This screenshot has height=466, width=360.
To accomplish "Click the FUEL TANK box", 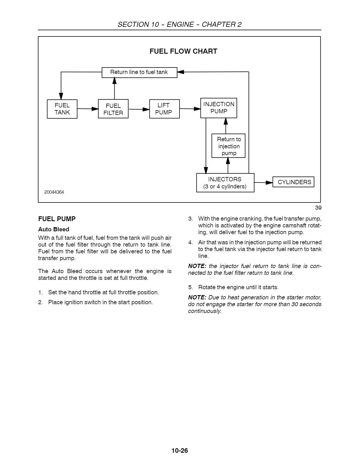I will (62, 109).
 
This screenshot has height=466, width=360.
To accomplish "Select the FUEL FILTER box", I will (113, 109).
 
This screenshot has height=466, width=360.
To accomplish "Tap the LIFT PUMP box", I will (164, 109).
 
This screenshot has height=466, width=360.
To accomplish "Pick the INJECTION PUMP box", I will (219, 108).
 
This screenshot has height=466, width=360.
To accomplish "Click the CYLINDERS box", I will (293, 182).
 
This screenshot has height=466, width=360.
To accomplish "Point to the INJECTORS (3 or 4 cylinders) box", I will (225, 183).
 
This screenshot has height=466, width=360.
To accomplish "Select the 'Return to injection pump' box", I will (228, 146).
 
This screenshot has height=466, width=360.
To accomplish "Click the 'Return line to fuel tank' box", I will (139, 72).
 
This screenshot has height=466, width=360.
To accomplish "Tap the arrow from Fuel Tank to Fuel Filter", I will (88, 109).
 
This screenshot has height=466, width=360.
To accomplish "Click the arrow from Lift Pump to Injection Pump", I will (190, 108).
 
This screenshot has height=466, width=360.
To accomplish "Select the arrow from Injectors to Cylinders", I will (263, 183).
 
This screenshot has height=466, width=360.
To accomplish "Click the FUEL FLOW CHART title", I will (183, 51).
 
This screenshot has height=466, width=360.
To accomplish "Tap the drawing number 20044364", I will (54, 192).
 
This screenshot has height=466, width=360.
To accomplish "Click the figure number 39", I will (318, 208).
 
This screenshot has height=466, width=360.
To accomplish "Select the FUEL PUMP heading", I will (57, 219).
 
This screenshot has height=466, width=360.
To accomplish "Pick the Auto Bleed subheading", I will (54, 229).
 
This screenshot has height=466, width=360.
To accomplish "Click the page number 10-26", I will (180, 450).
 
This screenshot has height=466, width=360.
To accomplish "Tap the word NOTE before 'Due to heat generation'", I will (197, 297).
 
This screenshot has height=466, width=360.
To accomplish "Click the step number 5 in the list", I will (191, 287).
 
